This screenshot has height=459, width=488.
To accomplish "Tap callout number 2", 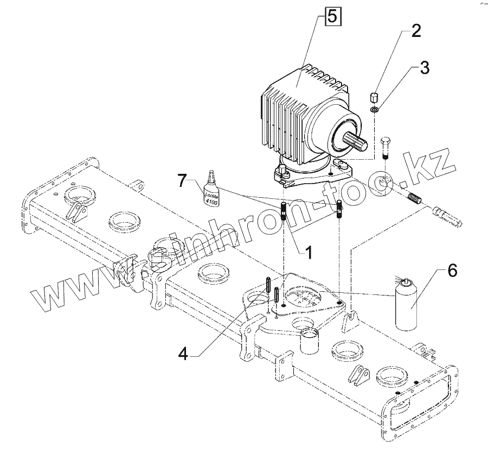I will [x=415, y=30].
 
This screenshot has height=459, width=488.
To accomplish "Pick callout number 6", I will [x=452, y=270].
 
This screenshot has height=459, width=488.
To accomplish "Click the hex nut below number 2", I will [x=373, y=98].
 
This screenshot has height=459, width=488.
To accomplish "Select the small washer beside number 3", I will [x=375, y=110].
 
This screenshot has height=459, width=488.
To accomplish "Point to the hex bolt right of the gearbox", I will [x=385, y=146].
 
